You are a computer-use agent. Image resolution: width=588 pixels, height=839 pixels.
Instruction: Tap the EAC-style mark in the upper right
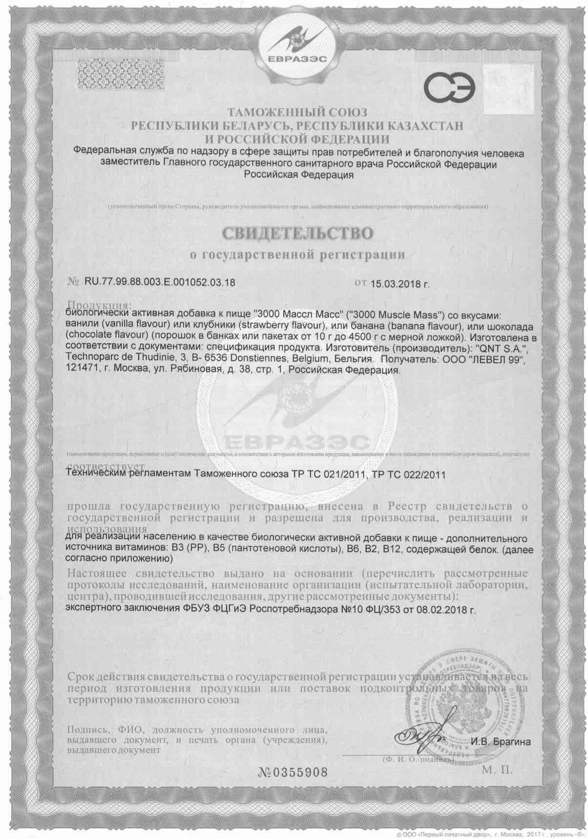(x=450, y=88)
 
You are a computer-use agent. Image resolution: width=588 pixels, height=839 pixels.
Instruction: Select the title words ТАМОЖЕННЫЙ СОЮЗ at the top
(x=296, y=113)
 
